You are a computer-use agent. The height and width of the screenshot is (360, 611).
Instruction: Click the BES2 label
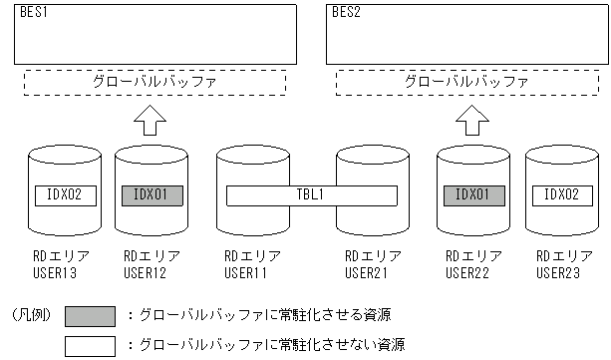(x=346, y=12)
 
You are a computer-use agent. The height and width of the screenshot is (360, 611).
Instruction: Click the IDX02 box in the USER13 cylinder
(x=65, y=194)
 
